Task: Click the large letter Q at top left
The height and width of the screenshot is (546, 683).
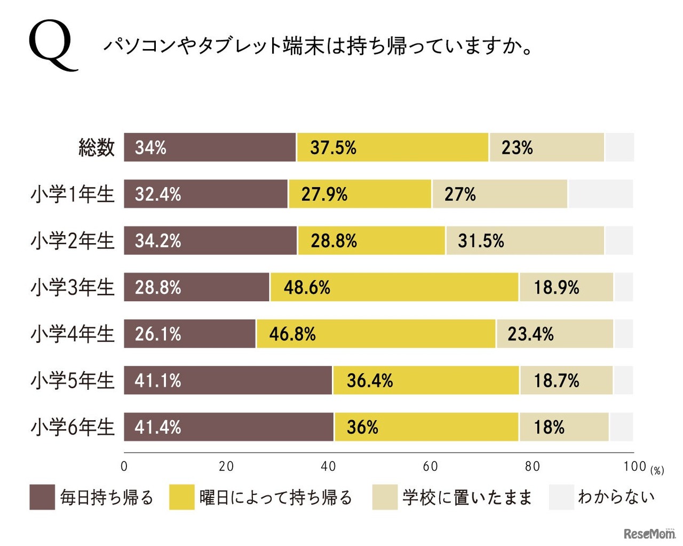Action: pos(52,46)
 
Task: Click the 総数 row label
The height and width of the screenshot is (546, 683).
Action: pos(97,147)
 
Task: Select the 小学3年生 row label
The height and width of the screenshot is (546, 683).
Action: pos(73,287)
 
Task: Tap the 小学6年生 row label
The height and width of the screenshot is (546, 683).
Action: pos(73,427)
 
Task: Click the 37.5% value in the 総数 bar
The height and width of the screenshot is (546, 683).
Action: pos(333,148)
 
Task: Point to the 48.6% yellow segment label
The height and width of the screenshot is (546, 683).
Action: pos(307,287)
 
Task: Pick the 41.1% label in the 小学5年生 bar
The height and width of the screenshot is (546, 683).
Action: pos(158,381)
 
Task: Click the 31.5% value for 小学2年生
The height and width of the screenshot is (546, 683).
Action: pos(481,241)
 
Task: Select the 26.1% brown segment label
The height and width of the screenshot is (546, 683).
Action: pos(158,334)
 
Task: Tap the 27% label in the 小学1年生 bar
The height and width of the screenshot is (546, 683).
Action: pos(460,194)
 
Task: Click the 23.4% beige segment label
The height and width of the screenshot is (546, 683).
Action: pos(530,334)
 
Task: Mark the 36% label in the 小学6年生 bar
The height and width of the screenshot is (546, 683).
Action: pos(362,427)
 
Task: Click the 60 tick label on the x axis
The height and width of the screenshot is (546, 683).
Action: pos(430,467)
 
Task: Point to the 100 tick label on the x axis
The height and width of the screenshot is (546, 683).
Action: pos(634,467)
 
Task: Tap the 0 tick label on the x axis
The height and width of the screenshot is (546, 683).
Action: pos(124,467)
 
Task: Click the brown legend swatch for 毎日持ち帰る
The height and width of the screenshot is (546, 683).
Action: pos(42,497)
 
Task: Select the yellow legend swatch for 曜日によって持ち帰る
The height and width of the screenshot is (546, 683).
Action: pos(182,497)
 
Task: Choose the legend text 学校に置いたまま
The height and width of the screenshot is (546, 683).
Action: pos(467,497)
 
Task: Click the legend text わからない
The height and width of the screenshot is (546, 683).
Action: pos(616,497)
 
